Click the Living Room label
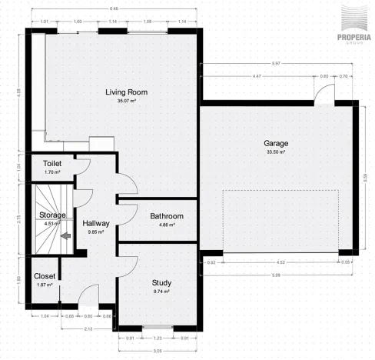(126, 92)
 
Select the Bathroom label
(166, 217)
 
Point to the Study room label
(161, 283)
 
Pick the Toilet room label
(52, 164)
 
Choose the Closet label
(44, 277)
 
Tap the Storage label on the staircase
(52, 215)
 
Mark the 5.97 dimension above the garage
(275, 63)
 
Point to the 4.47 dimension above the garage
(257, 76)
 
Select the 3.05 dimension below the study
(157, 351)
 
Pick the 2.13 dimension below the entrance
(68, 328)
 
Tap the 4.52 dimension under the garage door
(280, 262)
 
